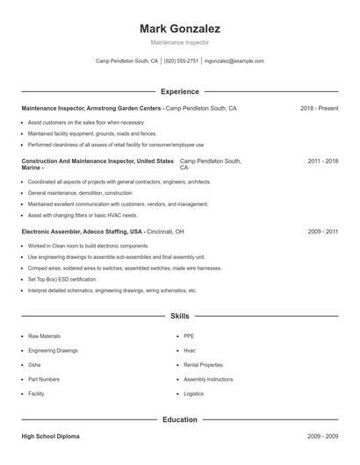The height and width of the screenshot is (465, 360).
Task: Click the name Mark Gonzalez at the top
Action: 179,28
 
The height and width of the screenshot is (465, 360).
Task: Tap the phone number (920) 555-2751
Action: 181,61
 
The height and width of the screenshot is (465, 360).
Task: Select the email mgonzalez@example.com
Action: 234,61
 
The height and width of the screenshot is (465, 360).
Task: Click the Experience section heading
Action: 179,91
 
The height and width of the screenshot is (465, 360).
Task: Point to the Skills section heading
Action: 179,316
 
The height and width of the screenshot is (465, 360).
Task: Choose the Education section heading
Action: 179,419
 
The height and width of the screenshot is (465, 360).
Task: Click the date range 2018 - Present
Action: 319,108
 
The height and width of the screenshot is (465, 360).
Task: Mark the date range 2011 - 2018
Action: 322,161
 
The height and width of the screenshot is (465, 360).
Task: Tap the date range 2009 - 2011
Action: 322,232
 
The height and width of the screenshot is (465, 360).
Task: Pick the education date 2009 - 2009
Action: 322,436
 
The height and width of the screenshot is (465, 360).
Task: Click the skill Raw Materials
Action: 44,336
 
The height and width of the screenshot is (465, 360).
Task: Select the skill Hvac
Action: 190,350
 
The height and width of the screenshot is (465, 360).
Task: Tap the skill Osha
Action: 34,365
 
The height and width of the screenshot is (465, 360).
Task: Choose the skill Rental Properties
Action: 203,365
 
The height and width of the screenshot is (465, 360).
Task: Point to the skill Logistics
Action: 193,394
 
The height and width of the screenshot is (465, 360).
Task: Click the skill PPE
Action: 189,336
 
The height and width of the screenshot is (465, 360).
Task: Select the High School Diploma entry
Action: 52,436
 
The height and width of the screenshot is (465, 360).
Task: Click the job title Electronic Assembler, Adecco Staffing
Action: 82,232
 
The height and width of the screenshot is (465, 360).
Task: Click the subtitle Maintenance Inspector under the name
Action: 179,42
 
